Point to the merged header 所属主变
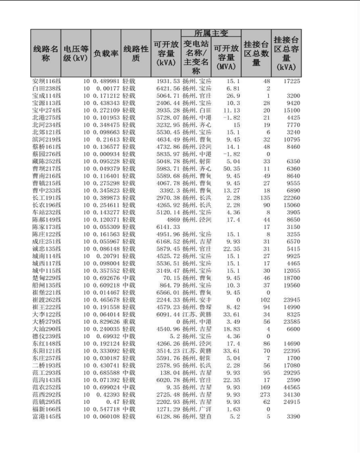pos(211,33)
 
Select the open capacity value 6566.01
pos(166,293)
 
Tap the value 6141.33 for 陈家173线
pos(166,227)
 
